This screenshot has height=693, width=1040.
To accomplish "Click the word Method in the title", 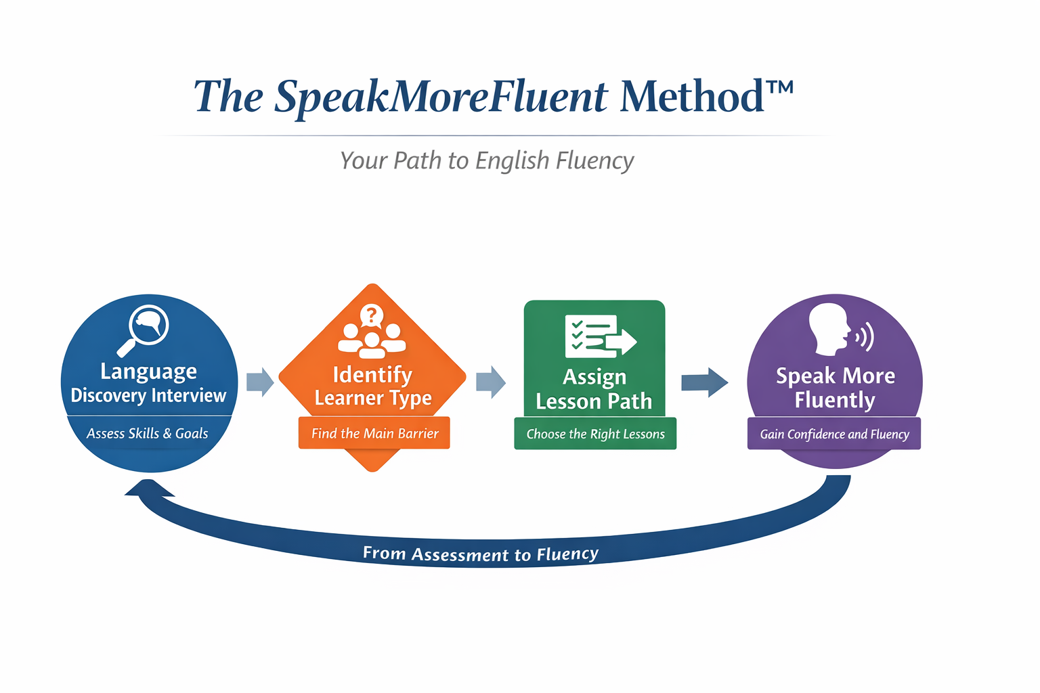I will (691, 96).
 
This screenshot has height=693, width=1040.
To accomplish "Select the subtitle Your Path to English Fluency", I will (487, 161).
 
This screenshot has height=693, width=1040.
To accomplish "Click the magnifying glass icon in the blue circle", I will (144, 330).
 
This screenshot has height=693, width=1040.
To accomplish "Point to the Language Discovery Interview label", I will (148, 383).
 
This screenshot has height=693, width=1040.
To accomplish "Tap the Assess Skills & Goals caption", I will (148, 434).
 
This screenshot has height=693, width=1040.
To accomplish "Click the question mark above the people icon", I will (371, 314).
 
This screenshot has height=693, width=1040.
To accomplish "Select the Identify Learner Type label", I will (372, 386).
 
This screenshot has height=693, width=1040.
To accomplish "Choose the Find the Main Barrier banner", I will (374, 434).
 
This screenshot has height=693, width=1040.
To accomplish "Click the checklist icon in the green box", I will (599, 336).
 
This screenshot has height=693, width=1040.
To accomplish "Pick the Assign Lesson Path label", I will (594, 389).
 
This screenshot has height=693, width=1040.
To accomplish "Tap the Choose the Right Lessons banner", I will (595, 434).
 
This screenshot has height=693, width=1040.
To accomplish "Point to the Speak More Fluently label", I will (835, 388).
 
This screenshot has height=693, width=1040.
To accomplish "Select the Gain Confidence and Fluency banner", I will (834, 434).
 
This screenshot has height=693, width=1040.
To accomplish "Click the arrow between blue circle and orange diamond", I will (260, 382).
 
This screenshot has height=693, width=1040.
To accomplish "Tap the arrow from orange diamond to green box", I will (491, 382).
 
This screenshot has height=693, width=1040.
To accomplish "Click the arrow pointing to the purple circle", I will (704, 382).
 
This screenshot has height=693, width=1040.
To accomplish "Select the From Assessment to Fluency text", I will (481, 554).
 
